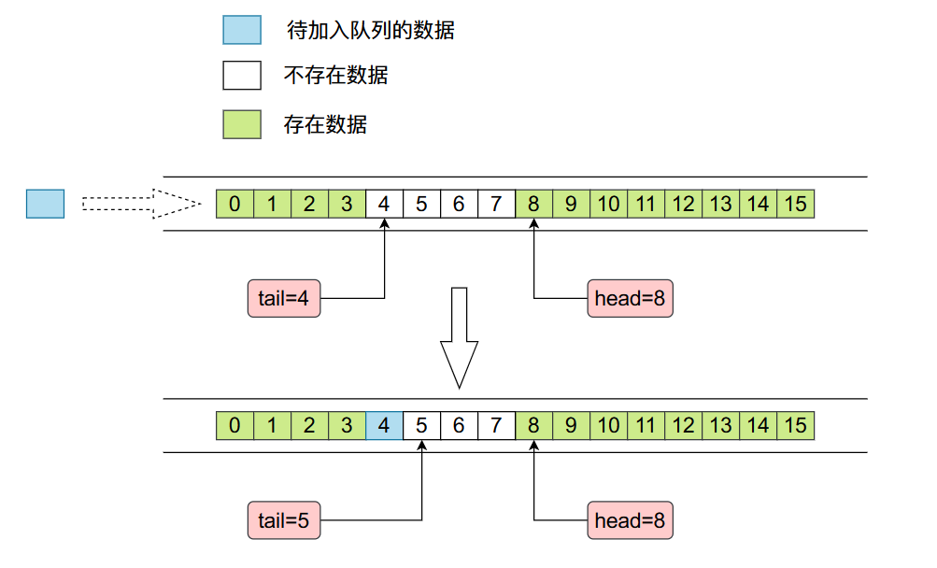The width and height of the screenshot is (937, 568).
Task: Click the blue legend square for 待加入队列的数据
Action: pos(241,29)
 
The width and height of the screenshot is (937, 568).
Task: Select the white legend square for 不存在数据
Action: pos(241,75)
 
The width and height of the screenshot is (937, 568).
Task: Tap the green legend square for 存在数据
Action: pos(241,123)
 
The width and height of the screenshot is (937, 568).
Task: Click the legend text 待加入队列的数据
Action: pos(370,31)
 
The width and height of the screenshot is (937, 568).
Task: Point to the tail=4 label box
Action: pos(284,299)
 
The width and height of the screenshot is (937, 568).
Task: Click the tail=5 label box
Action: pos(284,520)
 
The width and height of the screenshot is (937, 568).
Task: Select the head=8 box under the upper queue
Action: pos(631,299)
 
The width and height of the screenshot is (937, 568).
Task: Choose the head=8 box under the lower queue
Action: pos(631,520)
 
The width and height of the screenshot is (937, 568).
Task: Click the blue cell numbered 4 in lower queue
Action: pos(384,426)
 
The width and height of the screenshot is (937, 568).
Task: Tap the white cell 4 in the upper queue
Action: pos(384,204)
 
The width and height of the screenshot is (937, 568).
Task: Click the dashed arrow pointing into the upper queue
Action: pos(140,204)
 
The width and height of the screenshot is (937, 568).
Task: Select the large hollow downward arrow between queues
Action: pos(459,336)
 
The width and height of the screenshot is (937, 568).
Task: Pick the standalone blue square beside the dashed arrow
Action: pos(45,204)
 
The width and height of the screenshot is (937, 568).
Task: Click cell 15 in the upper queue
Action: pos(795,204)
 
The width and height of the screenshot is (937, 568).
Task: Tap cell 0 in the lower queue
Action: pos(234,426)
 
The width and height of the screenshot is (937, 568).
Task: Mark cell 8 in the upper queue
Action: pos(533,204)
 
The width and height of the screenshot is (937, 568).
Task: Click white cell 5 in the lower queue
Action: pos(421,426)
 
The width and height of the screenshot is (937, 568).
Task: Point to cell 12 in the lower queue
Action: pos(683,426)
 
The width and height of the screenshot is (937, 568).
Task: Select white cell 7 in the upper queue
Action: pos(496,204)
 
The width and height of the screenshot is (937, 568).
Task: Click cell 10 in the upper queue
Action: pos(608,204)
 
